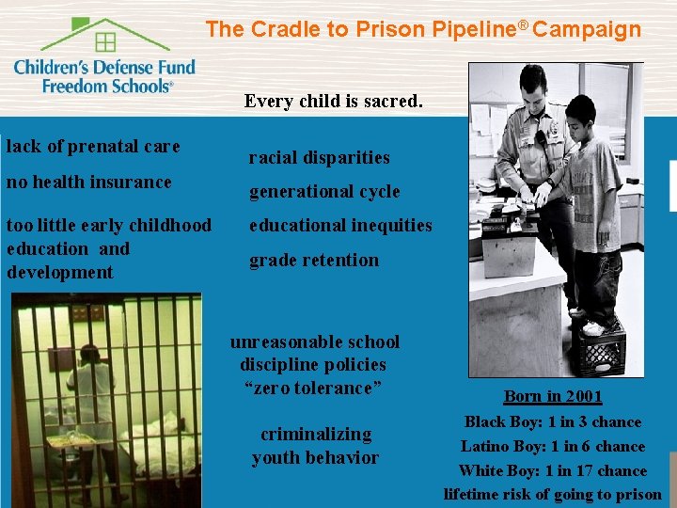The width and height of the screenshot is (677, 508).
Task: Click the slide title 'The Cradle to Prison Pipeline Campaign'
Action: (423, 29)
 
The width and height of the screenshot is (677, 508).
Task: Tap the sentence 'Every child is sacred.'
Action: (333, 101)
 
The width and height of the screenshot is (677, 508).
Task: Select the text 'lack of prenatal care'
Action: (93, 147)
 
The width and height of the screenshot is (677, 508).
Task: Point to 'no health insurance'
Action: (89, 182)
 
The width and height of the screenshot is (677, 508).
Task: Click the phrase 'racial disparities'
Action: (319, 157)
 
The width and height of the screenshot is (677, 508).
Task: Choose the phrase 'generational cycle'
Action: (324, 192)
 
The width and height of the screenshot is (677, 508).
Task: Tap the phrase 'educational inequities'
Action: (340, 226)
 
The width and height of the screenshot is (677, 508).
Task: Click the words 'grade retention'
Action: (314, 261)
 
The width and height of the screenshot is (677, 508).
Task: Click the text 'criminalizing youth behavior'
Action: (315, 446)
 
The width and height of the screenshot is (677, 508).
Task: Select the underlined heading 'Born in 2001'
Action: (553, 397)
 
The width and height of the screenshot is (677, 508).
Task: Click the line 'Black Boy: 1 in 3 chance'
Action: (553, 422)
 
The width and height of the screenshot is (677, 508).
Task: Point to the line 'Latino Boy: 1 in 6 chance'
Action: (553, 447)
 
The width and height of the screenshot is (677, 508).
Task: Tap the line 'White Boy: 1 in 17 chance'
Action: (553, 470)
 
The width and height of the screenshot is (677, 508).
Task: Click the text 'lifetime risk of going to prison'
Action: (553, 494)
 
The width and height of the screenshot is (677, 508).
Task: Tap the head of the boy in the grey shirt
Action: (586, 111)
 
